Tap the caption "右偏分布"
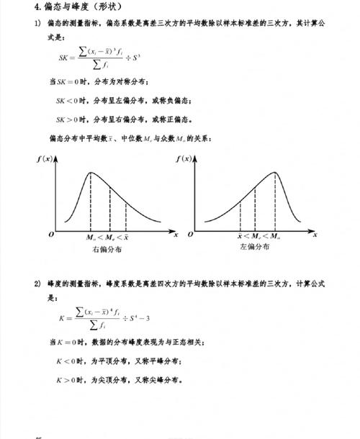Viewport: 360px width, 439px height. [107, 250]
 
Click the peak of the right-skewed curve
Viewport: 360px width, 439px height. [91, 172]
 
